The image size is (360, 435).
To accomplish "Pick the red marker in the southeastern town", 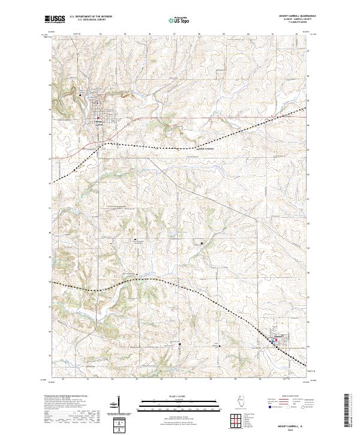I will (x=274, y=342).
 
